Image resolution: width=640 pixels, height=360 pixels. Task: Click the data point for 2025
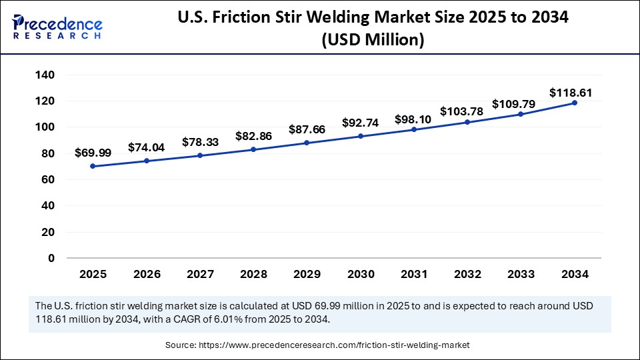point(93,166)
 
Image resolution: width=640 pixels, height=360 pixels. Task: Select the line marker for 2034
point(574,103)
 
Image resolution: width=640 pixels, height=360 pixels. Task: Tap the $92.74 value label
point(361,123)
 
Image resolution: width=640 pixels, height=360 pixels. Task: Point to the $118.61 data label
point(571,93)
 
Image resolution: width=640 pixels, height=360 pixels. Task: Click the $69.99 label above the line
point(93,153)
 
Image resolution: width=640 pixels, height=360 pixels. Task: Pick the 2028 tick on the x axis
point(253,274)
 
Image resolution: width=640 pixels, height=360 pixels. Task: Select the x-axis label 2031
point(414,274)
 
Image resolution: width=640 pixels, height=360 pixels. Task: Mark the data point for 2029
point(307,143)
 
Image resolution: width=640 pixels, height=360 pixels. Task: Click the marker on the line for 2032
point(467,122)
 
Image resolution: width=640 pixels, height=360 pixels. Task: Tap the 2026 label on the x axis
point(147,274)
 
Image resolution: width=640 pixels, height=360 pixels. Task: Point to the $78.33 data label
point(201,143)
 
